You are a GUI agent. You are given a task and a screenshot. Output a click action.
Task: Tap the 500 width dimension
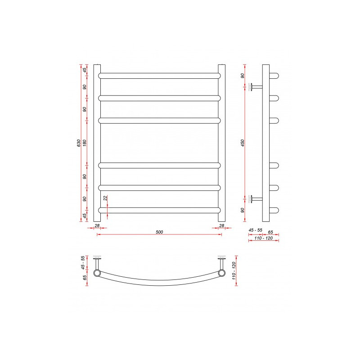tap(159, 232)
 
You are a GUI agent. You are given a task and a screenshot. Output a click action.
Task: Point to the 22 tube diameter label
tap(105, 198)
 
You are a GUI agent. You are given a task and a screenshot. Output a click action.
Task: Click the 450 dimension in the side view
tap(243, 143)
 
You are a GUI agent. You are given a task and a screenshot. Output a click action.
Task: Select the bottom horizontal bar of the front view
tap(159, 210)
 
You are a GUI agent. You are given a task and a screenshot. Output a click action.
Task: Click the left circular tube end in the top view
tap(97, 273)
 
